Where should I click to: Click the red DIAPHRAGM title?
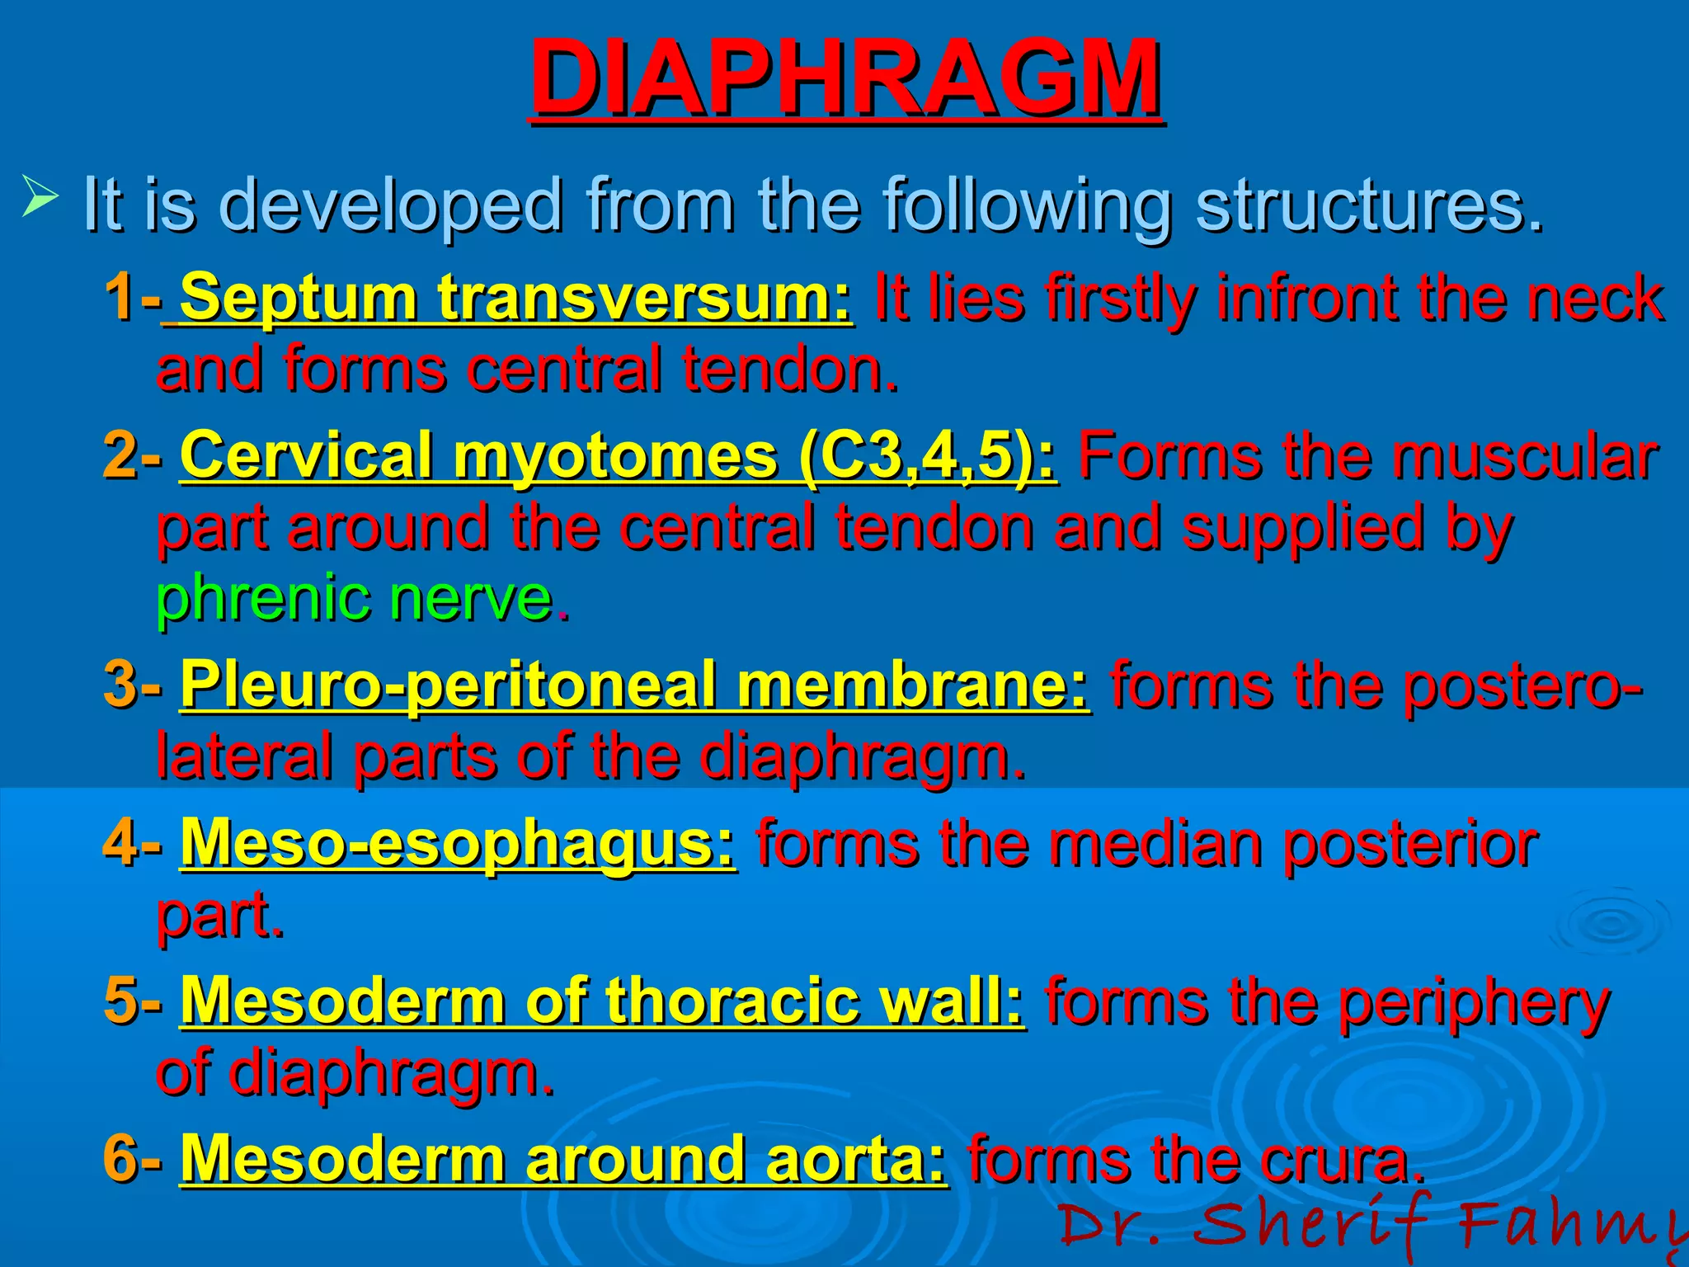[846, 78]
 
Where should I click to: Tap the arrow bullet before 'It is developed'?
[40, 198]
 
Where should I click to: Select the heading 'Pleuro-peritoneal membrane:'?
[635, 685]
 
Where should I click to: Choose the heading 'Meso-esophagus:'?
[458, 843]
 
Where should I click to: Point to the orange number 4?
[120, 843]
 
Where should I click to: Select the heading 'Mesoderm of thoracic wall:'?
[602, 1001]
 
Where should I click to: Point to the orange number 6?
[120, 1159]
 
